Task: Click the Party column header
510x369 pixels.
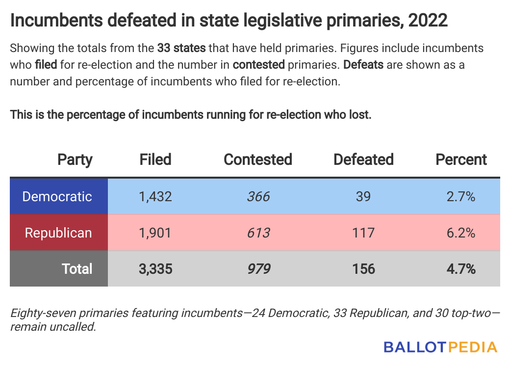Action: (75, 159)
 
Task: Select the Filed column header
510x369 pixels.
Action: (155, 159)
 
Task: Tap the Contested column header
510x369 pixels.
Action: (257, 159)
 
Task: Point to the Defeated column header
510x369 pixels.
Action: (363, 159)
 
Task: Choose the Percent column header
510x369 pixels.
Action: (461, 159)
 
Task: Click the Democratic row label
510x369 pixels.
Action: (57, 196)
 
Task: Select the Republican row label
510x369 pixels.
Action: (58, 233)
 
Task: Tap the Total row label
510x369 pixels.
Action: (77, 269)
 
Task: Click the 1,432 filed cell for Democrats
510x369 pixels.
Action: (155, 196)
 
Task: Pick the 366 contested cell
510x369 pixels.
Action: (258, 196)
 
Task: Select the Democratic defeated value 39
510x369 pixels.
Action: (363, 196)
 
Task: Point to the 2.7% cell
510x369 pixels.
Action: (461, 196)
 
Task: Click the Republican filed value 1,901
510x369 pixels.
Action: (155, 233)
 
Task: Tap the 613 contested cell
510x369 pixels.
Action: (258, 233)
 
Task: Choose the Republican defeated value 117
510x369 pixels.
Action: (363, 233)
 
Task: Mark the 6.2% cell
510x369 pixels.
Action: (461, 233)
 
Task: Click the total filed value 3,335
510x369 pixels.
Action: (155, 269)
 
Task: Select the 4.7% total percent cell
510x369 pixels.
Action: (461, 269)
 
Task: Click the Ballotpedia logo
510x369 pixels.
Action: (440, 347)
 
